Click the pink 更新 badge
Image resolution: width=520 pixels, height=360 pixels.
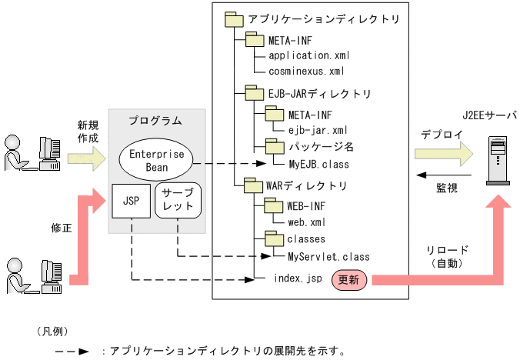coord(351,280)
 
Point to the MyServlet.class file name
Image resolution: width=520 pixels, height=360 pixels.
coord(328,255)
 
